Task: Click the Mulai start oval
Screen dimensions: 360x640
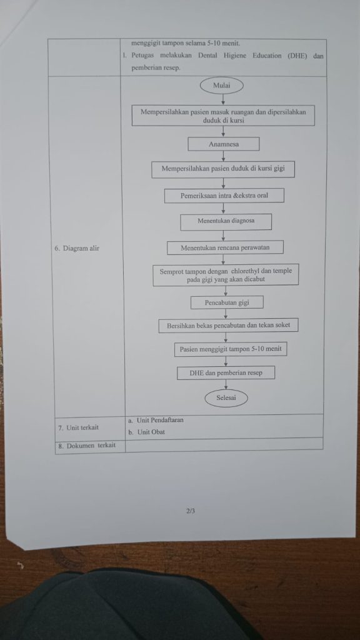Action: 222,86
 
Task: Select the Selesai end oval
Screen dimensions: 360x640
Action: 226,398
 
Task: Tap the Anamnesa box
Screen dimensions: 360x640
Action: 224,144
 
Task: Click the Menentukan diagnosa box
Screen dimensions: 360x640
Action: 226,221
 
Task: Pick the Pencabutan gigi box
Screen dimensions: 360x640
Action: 227,302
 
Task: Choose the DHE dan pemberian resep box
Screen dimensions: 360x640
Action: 226,372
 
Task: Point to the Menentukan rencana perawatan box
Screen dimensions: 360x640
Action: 225,247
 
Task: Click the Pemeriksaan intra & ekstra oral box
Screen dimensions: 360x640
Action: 224,196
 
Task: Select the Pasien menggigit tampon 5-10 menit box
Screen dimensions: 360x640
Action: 231,349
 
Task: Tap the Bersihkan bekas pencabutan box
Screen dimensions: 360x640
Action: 228,325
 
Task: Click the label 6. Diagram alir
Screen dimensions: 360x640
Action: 77,248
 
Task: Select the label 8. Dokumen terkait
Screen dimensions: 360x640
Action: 86,446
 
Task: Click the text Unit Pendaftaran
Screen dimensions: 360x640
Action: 160,420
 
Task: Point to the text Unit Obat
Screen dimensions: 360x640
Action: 151,432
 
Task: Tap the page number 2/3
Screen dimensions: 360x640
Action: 190,511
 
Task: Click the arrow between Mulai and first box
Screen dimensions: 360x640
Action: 223,99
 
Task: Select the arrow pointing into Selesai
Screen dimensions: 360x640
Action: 226,384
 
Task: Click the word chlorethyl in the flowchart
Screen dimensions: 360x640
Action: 247,271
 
